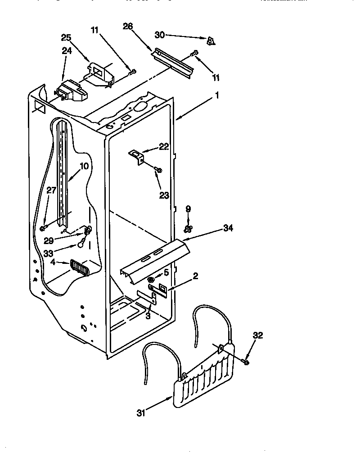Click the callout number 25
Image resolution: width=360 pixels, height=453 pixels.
click(x=66, y=37)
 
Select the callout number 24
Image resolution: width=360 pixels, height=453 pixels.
click(x=66, y=51)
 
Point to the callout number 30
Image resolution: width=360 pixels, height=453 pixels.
click(x=160, y=34)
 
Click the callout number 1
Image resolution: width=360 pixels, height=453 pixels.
click(x=217, y=95)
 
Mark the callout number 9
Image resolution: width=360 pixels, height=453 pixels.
click(x=188, y=208)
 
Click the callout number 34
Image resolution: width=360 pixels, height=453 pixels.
click(x=229, y=229)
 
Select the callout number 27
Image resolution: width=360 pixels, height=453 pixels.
click(x=51, y=190)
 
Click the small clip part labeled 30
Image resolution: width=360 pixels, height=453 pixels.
click(x=210, y=41)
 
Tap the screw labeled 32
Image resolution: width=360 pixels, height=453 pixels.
click(x=245, y=360)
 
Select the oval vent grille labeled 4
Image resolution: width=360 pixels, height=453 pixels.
click(x=80, y=268)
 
